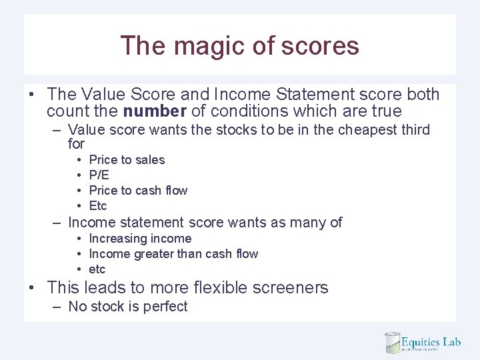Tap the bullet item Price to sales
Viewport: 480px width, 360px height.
(x=127, y=160)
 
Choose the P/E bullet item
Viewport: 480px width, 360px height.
(x=99, y=175)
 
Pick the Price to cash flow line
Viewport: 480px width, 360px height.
(x=138, y=191)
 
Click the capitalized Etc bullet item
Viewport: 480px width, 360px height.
(x=97, y=206)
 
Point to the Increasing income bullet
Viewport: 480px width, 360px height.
(x=140, y=239)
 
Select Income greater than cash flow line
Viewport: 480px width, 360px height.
(x=173, y=254)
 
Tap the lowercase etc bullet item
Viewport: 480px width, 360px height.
(x=97, y=269)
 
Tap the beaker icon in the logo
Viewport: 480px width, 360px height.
(x=392, y=343)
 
